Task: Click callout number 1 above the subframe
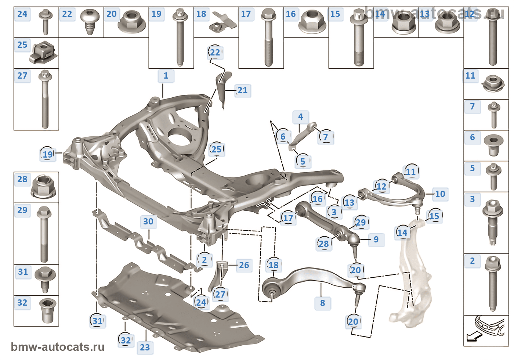coord(166,76)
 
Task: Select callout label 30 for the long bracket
coord(148,222)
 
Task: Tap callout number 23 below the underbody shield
coord(145,347)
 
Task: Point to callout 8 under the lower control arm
coord(322,303)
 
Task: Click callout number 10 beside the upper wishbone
coord(440,194)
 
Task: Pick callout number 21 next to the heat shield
coord(242,90)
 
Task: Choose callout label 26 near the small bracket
coord(244,265)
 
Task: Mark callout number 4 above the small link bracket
coord(301,117)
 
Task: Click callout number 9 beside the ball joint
coord(376,240)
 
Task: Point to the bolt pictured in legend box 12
coord(492,40)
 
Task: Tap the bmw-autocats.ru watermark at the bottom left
coord(58,347)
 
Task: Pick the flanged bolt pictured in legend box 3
coord(492,222)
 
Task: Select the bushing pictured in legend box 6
coord(493,145)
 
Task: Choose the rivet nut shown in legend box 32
coord(48,311)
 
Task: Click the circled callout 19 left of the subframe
coord(48,154)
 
